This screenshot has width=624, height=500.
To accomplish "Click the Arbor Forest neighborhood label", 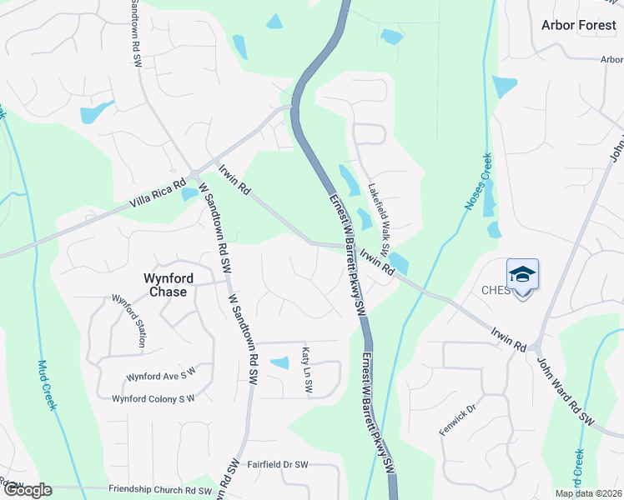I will click(578, 25).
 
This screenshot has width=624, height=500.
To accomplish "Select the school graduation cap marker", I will click(522, 275).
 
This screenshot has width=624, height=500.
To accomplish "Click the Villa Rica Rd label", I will click(157, 193).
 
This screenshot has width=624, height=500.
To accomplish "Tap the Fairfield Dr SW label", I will click(278, 464).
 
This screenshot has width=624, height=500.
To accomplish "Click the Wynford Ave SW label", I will click(160, 372).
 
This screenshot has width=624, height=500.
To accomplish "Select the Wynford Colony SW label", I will click(153, 398).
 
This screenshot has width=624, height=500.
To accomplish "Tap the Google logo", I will click(27, 490).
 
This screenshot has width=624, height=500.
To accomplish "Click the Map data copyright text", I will click(588, 493).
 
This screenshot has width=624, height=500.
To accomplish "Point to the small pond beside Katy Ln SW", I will click(280, 362).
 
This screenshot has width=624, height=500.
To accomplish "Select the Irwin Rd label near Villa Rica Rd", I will click(234, 178).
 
